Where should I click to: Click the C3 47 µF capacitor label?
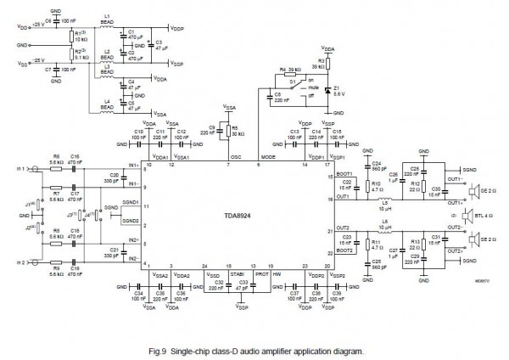pyautogui.click(x=154, y=42)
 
